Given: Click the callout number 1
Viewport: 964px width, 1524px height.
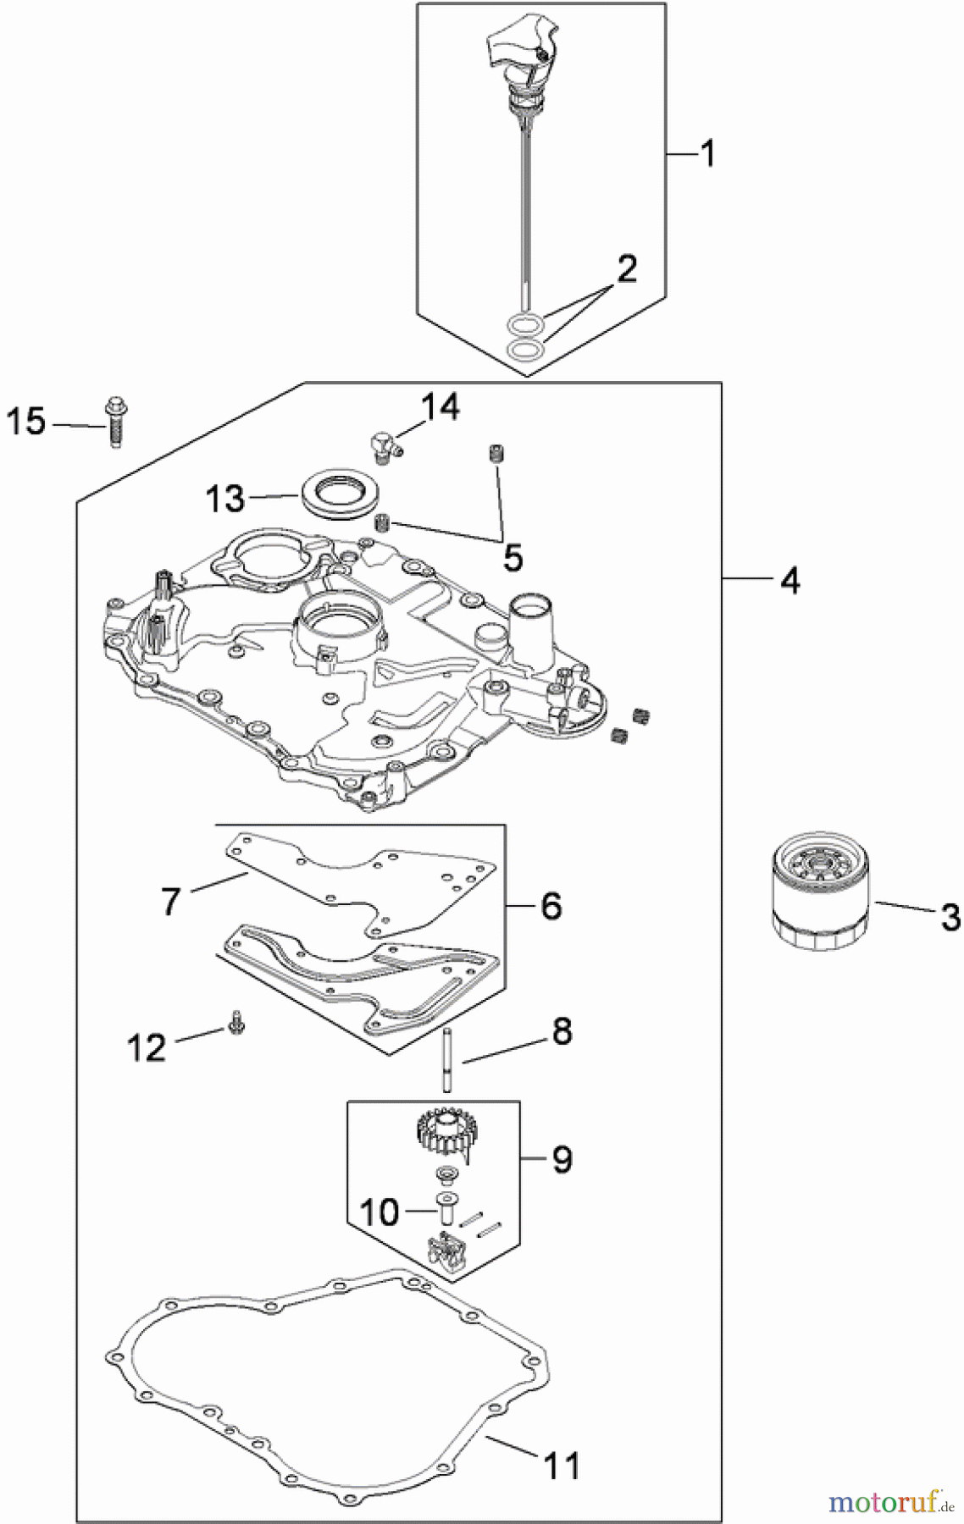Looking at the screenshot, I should click(x=707, y=154).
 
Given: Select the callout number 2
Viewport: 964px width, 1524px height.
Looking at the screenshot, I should click(x=626, y=269).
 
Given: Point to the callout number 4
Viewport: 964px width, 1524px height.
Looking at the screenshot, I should click(x=789, y=581).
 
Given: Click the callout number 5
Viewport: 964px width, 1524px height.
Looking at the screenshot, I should click(x=512, y=557).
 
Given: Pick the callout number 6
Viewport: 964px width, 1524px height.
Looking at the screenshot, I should click(x=551, y=906).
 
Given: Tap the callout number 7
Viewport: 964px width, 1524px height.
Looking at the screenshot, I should click(x=171, y=902).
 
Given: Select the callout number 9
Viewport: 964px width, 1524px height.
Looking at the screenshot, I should click(x=562, y=1158).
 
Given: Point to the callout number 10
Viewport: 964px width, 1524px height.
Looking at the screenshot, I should click(x=379, y=1212).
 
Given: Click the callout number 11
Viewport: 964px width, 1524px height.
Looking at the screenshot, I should click(x=561, y=1465).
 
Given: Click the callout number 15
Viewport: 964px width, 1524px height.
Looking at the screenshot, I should click(x=25, y=421).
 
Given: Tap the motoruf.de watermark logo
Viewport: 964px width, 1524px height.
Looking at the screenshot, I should click(x=889, y=1503).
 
